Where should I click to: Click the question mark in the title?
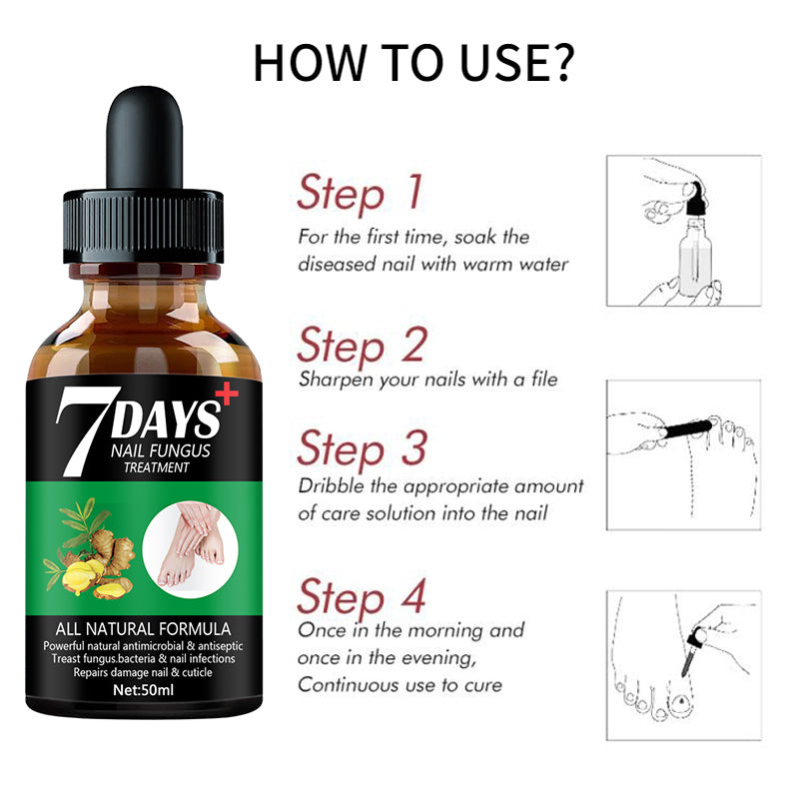tap(559, 63)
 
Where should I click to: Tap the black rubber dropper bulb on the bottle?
tap(144, 138)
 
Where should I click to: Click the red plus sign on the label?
tap(227, 395)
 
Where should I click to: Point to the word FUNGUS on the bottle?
tap(181, 451)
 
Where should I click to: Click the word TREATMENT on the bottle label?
tap(156, 467)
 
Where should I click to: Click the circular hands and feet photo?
tap(190, 549)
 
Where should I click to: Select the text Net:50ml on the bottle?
tap(143, 690)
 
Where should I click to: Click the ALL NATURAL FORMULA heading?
tap(143, 629)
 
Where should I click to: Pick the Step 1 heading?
tap(361, 193)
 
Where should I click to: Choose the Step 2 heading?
tap(362, 346)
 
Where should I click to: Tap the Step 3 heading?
tap(362, 448)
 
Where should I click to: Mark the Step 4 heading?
tap(362, 597)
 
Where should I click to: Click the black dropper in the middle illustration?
tap(688, 428)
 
